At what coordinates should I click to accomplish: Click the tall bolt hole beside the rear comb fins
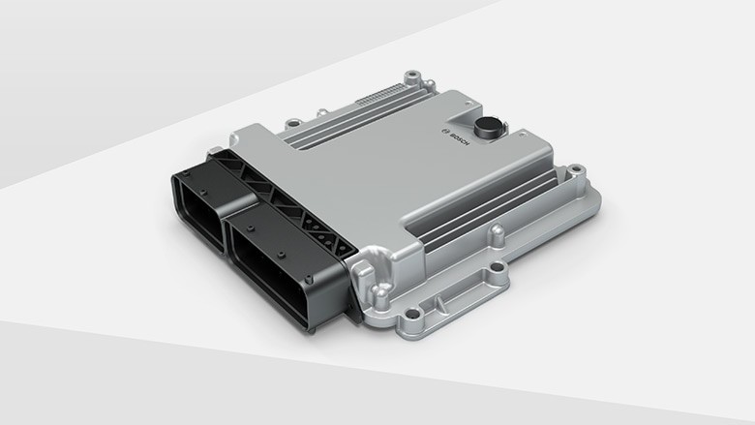[x=413, y=76]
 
